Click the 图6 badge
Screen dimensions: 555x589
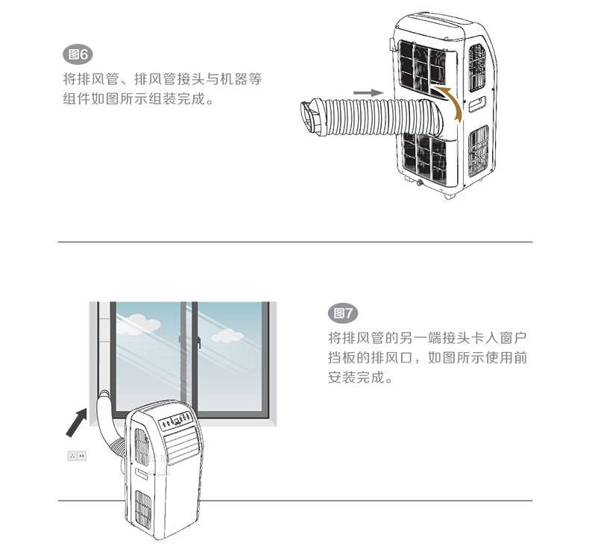78,54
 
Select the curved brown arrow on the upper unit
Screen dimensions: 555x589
450,101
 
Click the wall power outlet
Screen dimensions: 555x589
77,455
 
